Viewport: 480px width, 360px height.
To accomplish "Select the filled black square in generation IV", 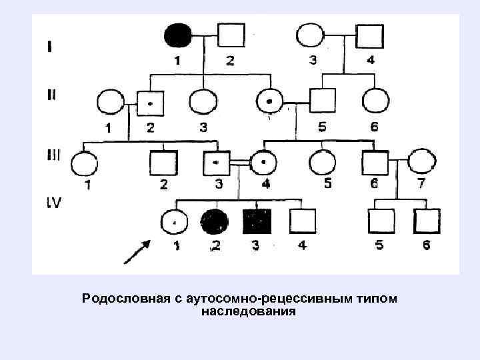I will click(257, 220).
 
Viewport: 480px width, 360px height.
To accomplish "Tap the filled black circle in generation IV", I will click(215, 220).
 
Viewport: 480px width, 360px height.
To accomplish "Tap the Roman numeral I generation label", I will click(51, 47).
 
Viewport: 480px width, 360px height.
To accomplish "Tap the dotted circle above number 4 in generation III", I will click(263, 161).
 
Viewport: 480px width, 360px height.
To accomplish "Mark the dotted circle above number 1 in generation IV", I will click(175, 220).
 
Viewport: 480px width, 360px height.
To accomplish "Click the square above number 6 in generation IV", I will click(426, 220).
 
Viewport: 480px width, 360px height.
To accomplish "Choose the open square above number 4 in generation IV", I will click(302, 220).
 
